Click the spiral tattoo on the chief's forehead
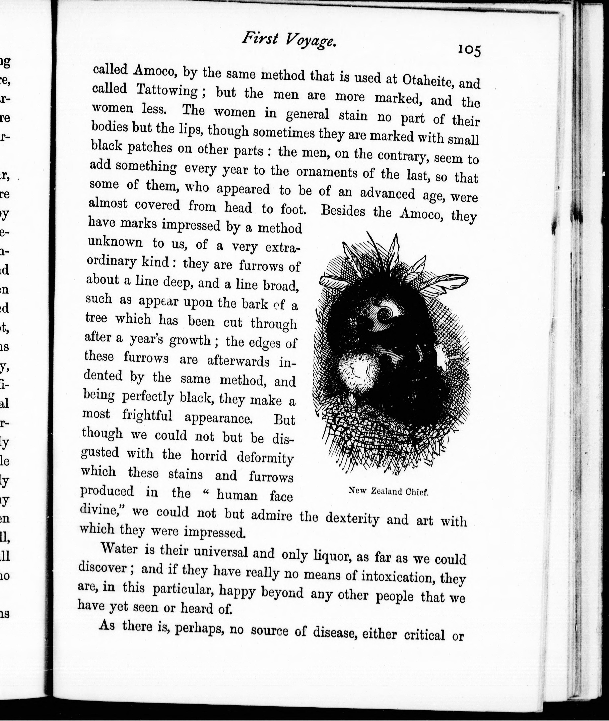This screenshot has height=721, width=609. (x=383, y=313)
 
